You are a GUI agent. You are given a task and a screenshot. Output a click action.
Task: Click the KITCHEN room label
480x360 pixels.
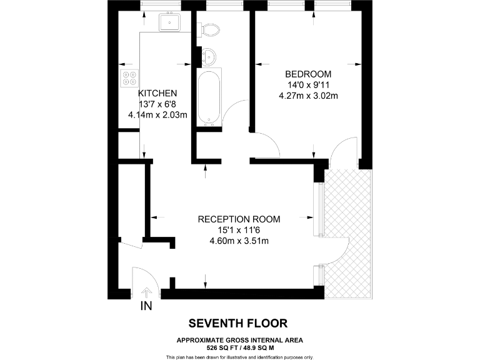click(x=157, y=93)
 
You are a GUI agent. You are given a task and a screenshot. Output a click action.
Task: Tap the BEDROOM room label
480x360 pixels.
click(x=308, y=74)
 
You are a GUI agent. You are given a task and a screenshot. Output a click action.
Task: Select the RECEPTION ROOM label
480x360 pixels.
click(x=239, y=219)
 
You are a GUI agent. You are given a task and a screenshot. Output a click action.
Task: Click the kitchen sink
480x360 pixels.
click(x=169, y=22)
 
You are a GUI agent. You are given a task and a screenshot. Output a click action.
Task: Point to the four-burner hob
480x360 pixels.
click(x=129, y=78)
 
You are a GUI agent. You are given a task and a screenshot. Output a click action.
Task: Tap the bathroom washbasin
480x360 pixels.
click(x=209, y=57)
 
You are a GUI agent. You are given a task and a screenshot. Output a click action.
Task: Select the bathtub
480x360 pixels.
click(x=209, y=97)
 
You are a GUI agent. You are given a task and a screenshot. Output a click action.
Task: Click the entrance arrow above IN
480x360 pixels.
click(x=147, y=292)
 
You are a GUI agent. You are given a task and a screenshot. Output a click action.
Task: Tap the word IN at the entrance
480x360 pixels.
click(x=146, y=306)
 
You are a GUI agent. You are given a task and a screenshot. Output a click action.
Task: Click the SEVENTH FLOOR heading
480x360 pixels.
click(x=238, y=323)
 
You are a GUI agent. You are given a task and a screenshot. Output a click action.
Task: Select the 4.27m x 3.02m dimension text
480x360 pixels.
click(x=308, y=96)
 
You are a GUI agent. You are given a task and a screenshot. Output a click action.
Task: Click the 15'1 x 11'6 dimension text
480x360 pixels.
click(x=239, y=230)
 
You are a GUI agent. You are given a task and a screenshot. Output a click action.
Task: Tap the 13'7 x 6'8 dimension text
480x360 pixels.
click(x=157, y=104)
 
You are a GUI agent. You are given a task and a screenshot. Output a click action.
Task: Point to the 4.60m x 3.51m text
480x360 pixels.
click(x=239, y=241)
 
